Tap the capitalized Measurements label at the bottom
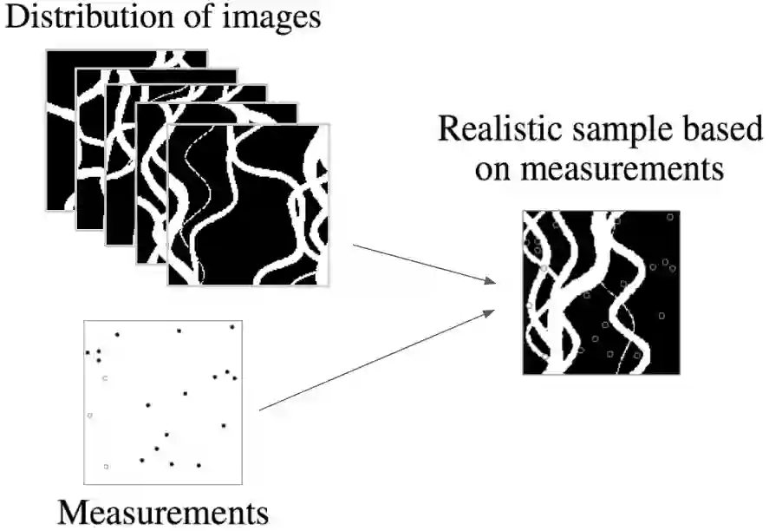[x=163, y=511]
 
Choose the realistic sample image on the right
[x=600, y=292]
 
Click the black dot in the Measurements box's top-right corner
[x=232, y=327]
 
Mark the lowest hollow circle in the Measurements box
[x=106, y=467]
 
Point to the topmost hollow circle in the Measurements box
[x=105, y=378]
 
